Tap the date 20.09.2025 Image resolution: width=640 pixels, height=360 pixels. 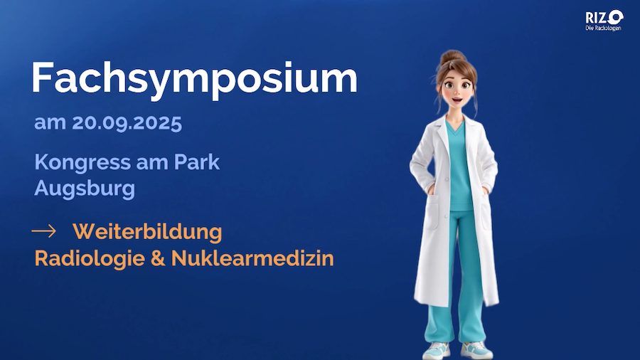pos(127,123)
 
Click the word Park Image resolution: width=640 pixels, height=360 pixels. pos(197,162)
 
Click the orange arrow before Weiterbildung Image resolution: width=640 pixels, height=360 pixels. pos(43,231)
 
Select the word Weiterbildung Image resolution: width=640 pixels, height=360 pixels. pos(147,231)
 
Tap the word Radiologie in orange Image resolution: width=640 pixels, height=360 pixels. pos(90,259)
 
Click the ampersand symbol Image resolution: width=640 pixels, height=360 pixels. pos(158,259)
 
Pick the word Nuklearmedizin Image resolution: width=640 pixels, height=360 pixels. pos(252,258)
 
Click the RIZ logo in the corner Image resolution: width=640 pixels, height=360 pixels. pos(604,18)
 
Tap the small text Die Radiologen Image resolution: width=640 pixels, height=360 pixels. pos(603,28)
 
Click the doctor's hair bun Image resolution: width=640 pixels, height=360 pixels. pos(453,56)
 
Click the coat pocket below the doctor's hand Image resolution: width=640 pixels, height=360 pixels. pos(430,212)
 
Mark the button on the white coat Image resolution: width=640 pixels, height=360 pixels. pos(447,179)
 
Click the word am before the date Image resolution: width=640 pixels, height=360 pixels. pos(50,123)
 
